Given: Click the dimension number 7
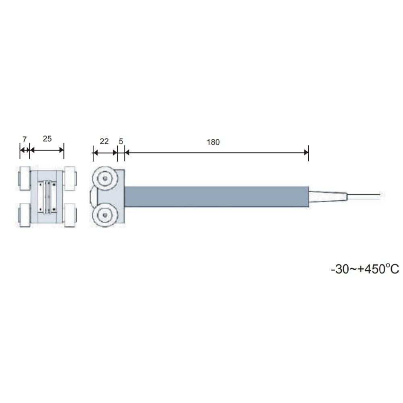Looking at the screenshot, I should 24,139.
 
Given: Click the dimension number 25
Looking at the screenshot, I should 47,139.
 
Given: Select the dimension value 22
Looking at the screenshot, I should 104,141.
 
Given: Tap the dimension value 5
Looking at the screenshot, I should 121,141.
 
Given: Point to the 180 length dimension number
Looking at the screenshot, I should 214,142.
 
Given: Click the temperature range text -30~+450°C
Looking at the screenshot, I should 365,269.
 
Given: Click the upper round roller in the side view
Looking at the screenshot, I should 105,178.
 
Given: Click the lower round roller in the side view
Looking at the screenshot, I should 105,216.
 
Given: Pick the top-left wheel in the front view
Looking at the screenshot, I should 25,178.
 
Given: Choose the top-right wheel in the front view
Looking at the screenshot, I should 70,178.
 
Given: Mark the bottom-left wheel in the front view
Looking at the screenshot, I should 25,215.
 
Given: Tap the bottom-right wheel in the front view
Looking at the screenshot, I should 70,215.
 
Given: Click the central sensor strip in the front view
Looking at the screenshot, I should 48,196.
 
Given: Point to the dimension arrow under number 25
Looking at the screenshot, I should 47,150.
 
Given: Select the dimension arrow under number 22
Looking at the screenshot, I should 105,152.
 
